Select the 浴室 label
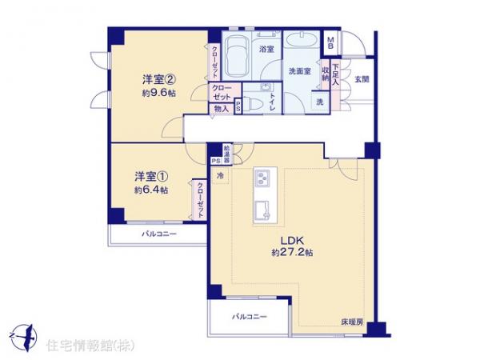pos(266,49)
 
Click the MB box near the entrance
pos(331,42)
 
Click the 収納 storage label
pos(326,74)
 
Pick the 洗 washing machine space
pos(319,102)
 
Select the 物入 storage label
pos(221,109)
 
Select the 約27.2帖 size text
pos(291,252)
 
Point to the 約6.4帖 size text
pos(150,190)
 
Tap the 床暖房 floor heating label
pos(352,321)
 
